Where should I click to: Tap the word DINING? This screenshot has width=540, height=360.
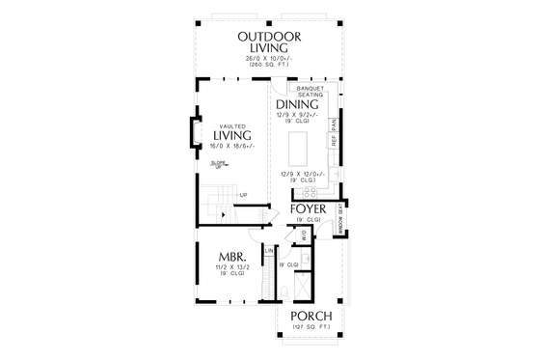click(x=297, y=104)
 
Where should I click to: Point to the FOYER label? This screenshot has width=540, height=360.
click(x=308, y=209)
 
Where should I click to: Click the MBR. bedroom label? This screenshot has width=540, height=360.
click(x=235, y=256)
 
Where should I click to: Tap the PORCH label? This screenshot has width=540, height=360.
click(x=310, y=317)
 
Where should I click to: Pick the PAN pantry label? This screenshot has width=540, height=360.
click(x=335, y=124)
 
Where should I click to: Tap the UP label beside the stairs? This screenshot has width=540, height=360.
click(x=243, y=195)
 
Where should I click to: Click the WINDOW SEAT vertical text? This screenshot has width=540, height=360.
click(x=341, y=218)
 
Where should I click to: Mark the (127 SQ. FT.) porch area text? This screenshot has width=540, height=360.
click(x=310, y=328)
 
